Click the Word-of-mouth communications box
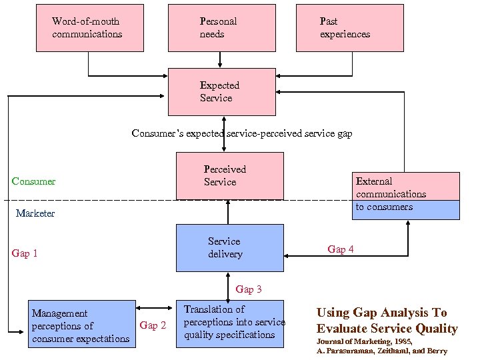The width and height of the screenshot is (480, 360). (x=89, y=28)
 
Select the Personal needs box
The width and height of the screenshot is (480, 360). (x=221, y=28)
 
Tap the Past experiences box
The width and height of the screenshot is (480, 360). (x=349, y=28)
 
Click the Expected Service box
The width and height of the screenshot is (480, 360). (x=221, y=92)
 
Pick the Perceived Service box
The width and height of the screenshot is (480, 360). (x=229, y=176)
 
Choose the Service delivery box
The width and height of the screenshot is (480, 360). (x=229, y=248)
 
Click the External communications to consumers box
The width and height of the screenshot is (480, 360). (x=407, y=195)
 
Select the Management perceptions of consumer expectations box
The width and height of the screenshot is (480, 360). (x=82, y=325)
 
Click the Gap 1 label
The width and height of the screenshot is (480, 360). (x=25, y=253)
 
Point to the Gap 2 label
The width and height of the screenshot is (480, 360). (x=153, y=325)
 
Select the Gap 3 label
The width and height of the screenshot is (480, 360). (x=249, y=289)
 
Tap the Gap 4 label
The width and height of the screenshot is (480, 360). (x=341, y=249)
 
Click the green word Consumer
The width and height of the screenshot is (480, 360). (x=33, y=181)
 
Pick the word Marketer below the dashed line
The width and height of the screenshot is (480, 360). (x=35, y=213)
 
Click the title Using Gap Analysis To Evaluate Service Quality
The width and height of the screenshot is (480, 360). (x=387, y=321)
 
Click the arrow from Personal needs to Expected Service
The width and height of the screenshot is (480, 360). (x=220, y=60)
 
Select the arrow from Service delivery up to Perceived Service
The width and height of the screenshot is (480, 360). (x=228, y=212)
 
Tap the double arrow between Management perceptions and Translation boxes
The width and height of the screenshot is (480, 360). (x=156, y=308)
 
